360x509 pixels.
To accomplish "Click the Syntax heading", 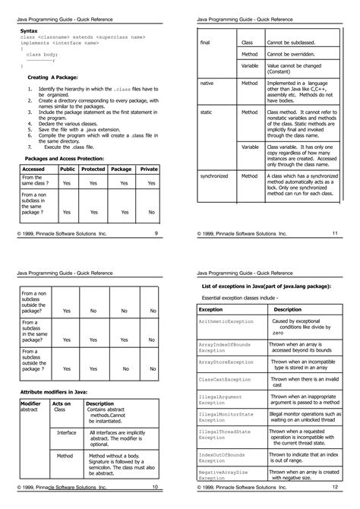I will (x=28, y=30).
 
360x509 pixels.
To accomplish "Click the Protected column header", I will (x=93, y=169).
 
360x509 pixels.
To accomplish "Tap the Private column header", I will (x=149, y=169).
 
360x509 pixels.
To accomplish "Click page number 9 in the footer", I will (x=156, y=233).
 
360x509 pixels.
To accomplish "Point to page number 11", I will (x=334, y=233).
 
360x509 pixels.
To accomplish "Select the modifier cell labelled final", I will (x=205, y=43).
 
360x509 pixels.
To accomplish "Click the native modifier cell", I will (x=207, y=82).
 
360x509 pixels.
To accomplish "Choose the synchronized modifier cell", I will (x=214, y=176).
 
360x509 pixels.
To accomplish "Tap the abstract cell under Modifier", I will (x=29, y=409).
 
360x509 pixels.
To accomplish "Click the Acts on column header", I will (x=62, y=403).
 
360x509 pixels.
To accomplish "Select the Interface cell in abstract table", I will (x=67, y=432).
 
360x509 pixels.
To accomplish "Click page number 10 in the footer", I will (x=155, y=487).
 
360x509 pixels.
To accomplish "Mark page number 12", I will (x=334, y=487).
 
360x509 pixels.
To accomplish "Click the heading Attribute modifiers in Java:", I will (x=58, y=390).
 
